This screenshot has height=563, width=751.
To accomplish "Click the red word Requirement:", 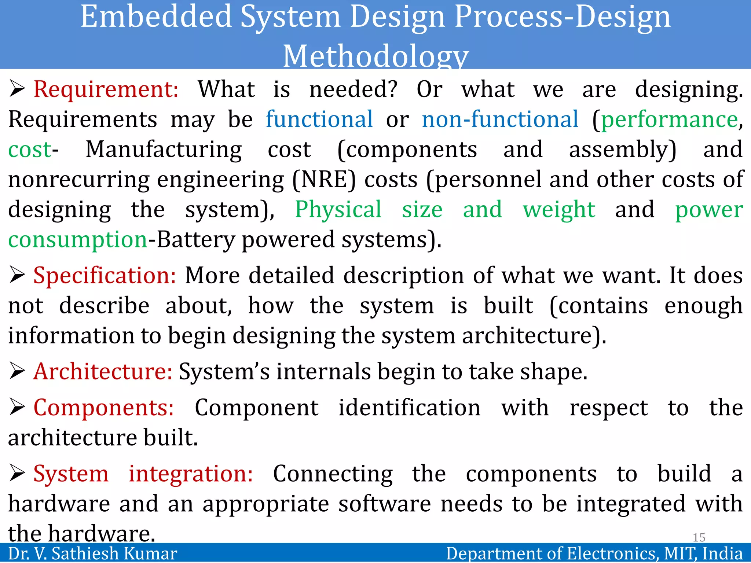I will [106, 90].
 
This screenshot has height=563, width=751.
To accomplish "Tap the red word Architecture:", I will [103, 372].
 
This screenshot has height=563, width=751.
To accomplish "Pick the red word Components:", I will [104, 408].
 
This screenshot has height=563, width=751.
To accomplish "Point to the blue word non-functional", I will [500, 120].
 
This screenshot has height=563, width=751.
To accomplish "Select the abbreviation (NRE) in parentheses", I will [324, 180].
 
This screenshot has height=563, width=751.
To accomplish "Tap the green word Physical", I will [338, 210].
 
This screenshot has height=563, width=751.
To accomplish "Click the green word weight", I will [559, 210].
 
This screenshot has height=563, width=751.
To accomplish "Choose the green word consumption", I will [78, 240].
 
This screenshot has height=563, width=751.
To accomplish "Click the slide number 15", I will [699, 537].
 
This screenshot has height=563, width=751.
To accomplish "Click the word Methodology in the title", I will [375, 56].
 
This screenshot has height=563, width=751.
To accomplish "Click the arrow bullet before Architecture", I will [17, 371].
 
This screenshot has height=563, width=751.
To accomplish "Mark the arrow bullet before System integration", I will [17, 473].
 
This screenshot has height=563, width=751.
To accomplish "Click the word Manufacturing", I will [164, 150].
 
